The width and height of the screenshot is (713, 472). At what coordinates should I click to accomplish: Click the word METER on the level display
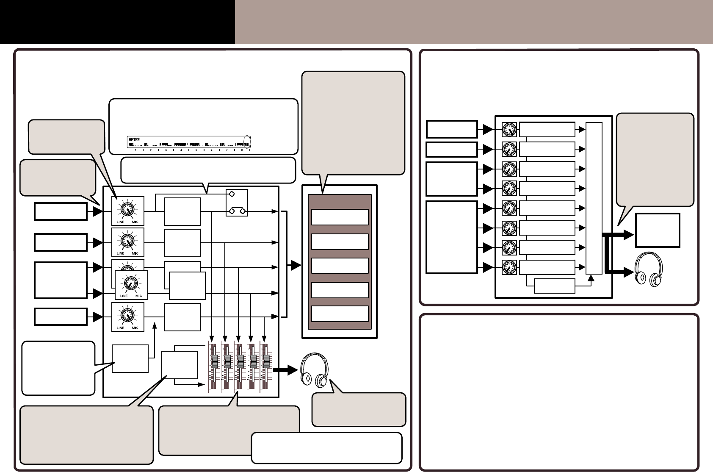(x=134, y=139)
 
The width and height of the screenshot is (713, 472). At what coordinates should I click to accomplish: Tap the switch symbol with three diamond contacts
(x=237, y=203)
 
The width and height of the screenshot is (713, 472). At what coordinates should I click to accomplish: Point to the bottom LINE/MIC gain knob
(x=127, y=315)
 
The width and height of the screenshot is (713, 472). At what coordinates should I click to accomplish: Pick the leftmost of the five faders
(x=214, y=362)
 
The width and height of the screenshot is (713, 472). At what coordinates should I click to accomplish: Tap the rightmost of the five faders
(x=267, y=362)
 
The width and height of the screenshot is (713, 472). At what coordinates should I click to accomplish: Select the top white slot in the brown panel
(x=340, y=217)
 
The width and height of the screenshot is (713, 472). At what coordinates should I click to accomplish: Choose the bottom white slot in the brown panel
(x=340, y=314)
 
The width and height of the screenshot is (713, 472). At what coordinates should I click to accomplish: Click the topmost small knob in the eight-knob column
(x=509, y=130)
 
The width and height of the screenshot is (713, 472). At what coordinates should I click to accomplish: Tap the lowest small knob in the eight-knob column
(x=509, y=268)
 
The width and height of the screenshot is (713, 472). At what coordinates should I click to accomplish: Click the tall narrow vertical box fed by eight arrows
(x=594, y=198)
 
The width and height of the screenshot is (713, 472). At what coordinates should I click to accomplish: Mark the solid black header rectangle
(x=117, y=22)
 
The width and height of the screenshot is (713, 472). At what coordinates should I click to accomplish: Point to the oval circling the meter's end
(x=247, y=142)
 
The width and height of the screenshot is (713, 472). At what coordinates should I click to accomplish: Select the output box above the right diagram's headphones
(x=657, y=230)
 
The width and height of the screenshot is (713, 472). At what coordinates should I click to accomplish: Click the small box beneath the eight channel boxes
(x=555, y=286)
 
